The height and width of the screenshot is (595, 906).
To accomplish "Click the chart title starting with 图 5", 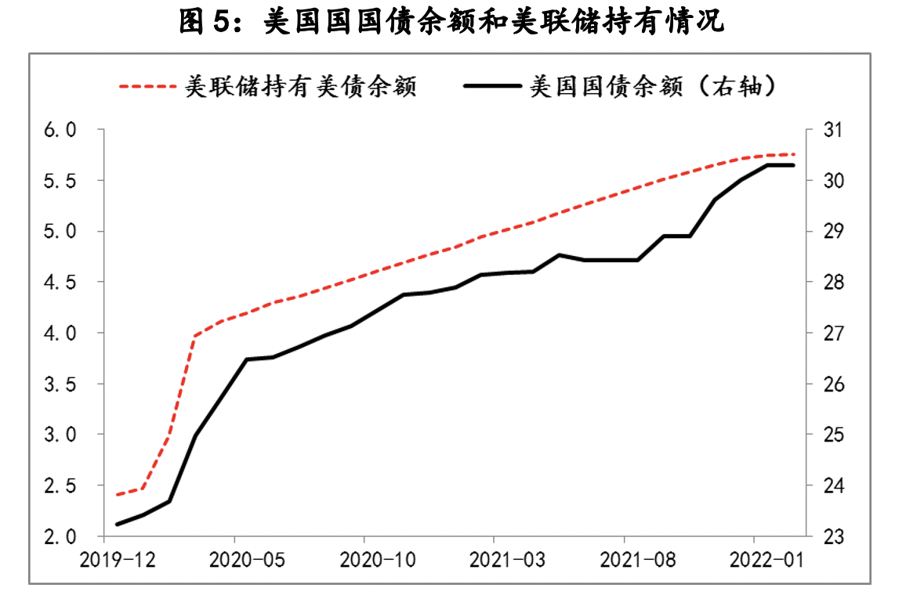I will pyautogui.click(x=452, y=22).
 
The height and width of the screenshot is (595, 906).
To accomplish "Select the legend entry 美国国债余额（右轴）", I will pyautogui.click(x=654, y=86).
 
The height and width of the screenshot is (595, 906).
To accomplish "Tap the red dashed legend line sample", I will pyautogui.click(x=148, y=86).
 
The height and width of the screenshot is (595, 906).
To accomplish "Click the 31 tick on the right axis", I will pyautogui.click(x=832, y=130).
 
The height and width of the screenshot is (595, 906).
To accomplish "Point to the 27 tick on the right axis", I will pyautogui.click(x=832, y=334).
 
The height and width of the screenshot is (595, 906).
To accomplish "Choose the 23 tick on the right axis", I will pyautogui.click(x=832, y=537).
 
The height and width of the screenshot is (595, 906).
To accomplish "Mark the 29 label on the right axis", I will pyautogui.click(x=832, y=232).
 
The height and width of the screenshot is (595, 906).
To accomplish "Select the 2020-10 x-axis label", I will pyautogui.click(x=364, y=561).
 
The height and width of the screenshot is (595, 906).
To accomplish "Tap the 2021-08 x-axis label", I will pyautogui.click(x=624, y=561).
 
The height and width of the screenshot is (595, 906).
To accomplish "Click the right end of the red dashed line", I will pyautogui.click(x=794, y=154).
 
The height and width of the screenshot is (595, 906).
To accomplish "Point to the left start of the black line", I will pyautogui.click(x=117, y=524).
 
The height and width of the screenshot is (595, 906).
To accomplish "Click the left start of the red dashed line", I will pyautogui.click(x=117, y=495).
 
